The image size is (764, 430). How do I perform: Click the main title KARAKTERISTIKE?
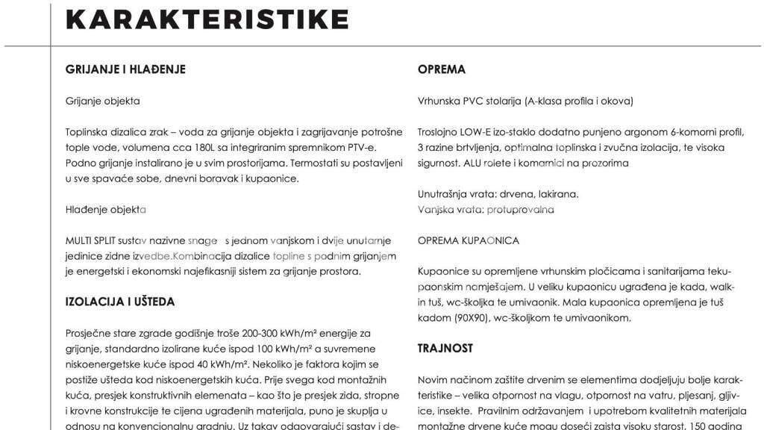[207, 19]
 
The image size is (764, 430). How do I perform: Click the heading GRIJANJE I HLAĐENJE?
[125, 69]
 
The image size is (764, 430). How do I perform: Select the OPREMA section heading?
[442, 69]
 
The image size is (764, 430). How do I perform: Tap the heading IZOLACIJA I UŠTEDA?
[120, 302]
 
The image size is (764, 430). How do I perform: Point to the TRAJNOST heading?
[445, 349]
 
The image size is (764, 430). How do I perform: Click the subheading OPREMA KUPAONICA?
[469, 240]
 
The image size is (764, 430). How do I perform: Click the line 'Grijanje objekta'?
[103, 101]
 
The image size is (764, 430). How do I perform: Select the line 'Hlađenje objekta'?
[106, 210]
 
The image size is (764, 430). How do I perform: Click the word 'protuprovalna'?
[520, 210]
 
